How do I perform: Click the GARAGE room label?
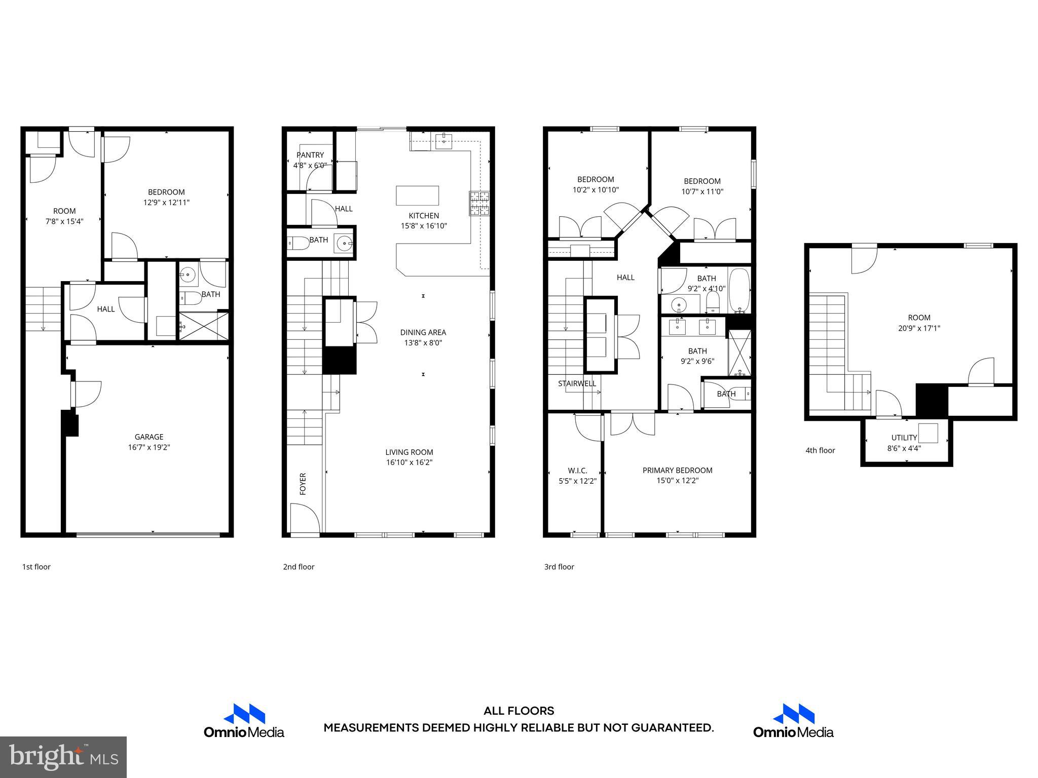point(149,437)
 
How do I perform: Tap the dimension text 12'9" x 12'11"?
point(166,203)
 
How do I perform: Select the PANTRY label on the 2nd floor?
point(310,155)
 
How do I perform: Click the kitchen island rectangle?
point(417,196)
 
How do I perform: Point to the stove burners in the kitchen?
point(479,203)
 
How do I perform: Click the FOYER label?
point(303,484)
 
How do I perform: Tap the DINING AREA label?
point(423,332)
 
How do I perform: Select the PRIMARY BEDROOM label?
point(677,470)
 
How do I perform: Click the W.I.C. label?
point(577,471)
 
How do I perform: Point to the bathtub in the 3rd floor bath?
point(739,291)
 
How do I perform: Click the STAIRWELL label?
point(577,383)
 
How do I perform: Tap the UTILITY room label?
point(904,438)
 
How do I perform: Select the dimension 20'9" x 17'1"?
point(919,328)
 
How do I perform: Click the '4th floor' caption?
point(820,450)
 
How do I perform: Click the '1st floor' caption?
point(36,567)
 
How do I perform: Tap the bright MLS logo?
point(63,757)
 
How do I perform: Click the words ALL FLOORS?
point(518,711)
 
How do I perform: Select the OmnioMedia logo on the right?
point(793,720)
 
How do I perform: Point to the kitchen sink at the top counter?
point(443,141)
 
